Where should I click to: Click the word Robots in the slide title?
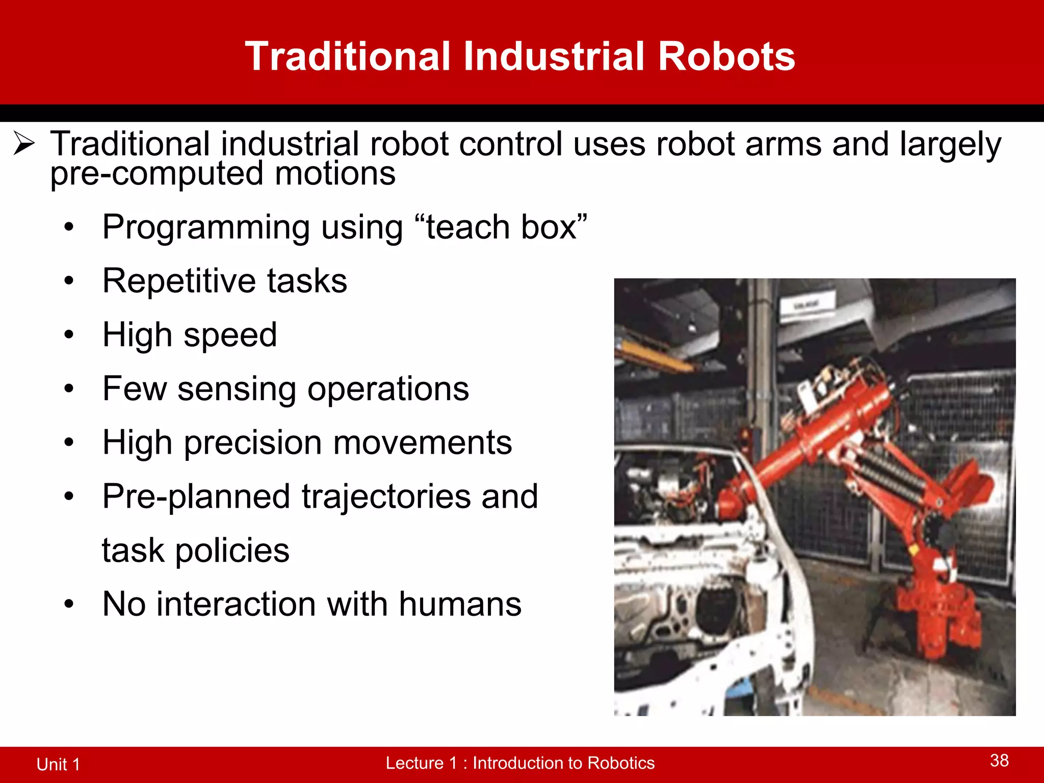click(726, 56)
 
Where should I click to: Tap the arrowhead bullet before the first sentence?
click(24, 143)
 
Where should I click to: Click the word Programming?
click(206, 227)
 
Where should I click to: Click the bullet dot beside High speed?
click(69, 335)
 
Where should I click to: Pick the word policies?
click(232, 551)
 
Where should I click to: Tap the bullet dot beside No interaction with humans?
click(69, 605)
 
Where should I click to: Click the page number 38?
click(999, 761)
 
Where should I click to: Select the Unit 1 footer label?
click(58, 764)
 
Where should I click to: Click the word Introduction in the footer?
click(527, 763)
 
